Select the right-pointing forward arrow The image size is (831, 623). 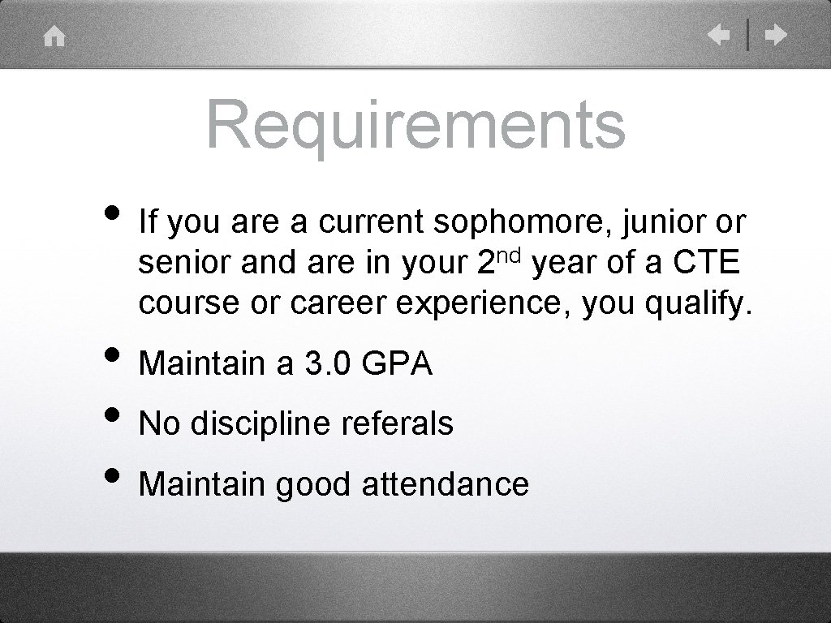[x=776, y=36]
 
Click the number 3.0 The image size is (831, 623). [x=328, y=363]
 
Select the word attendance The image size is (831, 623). [x=445, y=484]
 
